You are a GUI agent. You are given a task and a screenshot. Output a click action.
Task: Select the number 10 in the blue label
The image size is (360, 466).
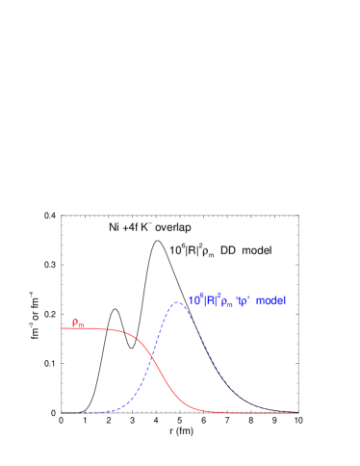click(193, 301)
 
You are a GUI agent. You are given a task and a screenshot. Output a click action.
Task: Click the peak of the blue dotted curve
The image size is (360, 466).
click(177, 303)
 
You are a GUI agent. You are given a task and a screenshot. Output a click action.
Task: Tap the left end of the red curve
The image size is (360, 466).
click(63, 328)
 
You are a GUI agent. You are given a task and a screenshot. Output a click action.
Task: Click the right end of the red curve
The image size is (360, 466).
click(299, 413)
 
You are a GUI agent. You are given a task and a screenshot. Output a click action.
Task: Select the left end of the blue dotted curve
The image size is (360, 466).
click(63, 413)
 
